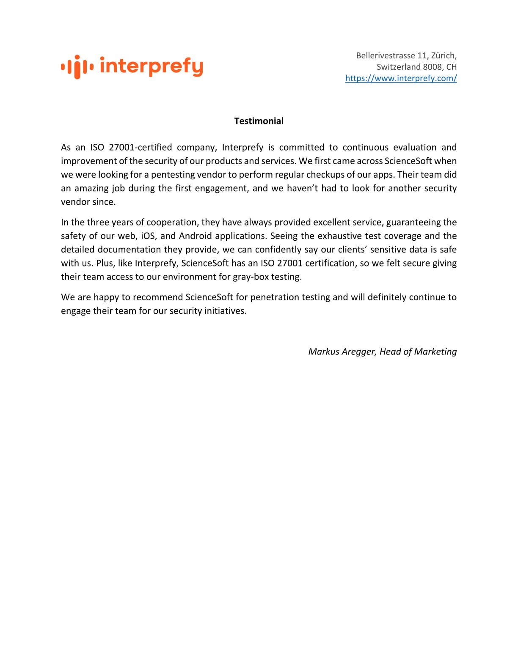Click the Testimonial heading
[259, 121]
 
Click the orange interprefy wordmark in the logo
[152, 66]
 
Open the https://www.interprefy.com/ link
[401, 78]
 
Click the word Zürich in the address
[443, 55]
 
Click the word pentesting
[173, 174]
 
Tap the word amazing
[92, 188]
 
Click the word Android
[195, 236]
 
